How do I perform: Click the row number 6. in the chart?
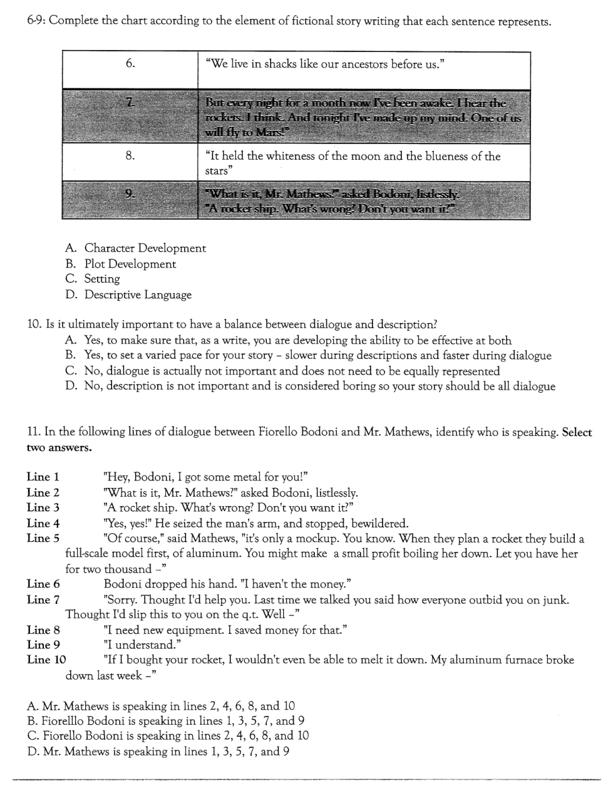[x=130, y=63]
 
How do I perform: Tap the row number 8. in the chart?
[x=130, y=156]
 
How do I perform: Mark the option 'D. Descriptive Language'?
[x=128, y=294]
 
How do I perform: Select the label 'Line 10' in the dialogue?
[x=46, y=659]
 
